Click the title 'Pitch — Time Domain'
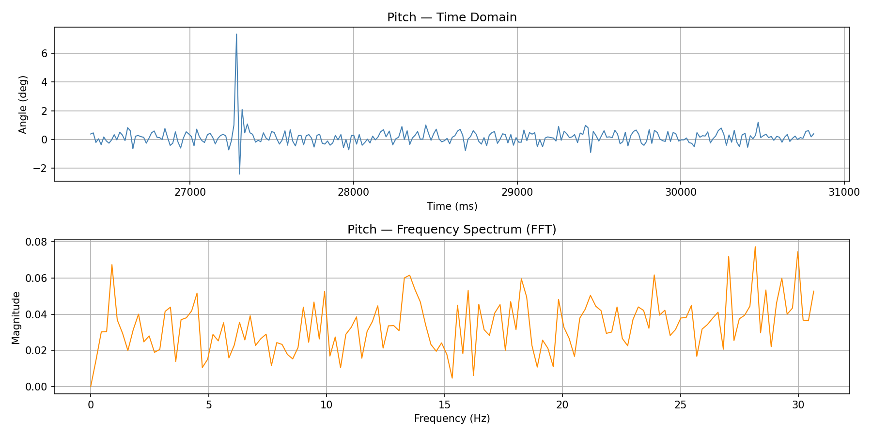point(452,17)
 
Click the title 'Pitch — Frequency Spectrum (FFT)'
point(452,230)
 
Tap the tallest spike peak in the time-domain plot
point(236,34)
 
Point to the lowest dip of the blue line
point(239,174)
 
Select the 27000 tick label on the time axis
point(189,192)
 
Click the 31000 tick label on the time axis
point(844,192)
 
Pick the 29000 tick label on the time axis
point(517,192)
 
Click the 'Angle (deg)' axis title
point(23,105)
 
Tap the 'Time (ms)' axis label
point(452,206)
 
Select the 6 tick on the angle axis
point(44,53)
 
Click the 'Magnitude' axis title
point(16,318)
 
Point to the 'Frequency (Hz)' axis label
point(452,419)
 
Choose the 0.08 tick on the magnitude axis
point(37,242)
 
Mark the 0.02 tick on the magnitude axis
point(37,351)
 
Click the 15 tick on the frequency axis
point(444,405)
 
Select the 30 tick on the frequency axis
point(798,405)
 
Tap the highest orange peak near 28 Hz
point(755,247)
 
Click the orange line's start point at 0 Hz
point(91,387)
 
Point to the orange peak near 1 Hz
point(112,265)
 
